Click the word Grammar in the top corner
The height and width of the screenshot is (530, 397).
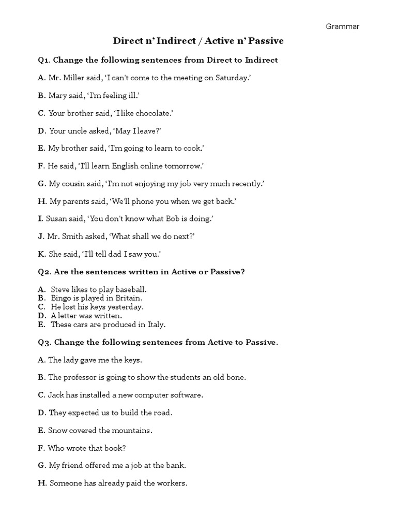(342, 26)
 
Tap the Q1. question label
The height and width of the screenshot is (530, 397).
(44, 60)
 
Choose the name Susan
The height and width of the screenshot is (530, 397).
(56, 219)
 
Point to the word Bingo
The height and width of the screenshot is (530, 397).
(61, 298)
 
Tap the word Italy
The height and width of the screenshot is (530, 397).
(155, 325)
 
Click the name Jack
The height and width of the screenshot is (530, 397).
(57, 395)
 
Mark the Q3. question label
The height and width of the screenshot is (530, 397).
(44, 342)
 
